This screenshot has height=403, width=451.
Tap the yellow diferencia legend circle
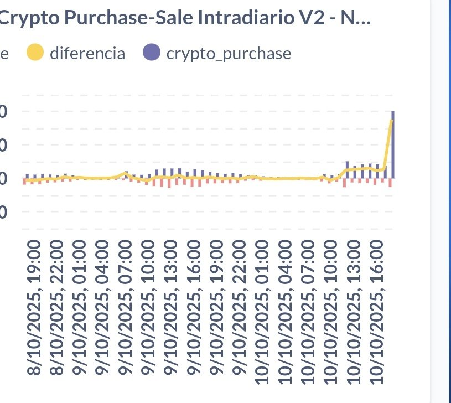coord(35,53)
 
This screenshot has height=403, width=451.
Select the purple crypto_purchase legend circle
coord(151,53)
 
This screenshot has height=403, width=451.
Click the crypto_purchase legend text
coord(228,54)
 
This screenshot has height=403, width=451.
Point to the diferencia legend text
coord(87,54)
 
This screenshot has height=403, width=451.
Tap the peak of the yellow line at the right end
coord(391,121)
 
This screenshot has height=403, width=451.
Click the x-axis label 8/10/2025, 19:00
coord(34,308)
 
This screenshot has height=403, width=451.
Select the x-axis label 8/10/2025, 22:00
coord(58,308)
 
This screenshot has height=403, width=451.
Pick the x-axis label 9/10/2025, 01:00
coord(80,308)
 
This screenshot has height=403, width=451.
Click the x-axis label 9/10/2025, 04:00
coord(103,308)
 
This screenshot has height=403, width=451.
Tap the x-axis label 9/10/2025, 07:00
coord(127,308)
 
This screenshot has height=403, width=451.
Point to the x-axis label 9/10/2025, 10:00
coord(149,308)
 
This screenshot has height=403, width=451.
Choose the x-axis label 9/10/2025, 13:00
coord(173,308)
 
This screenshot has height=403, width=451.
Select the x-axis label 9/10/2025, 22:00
coord(242,308)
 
